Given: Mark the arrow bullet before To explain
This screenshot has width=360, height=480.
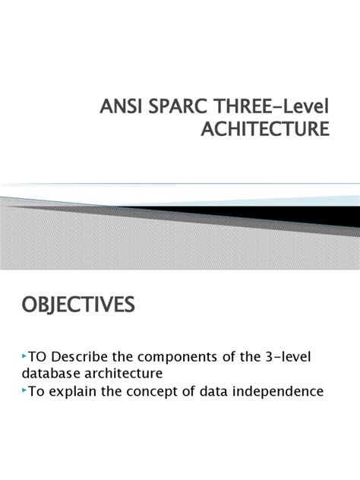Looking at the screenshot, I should pos(24,391).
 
